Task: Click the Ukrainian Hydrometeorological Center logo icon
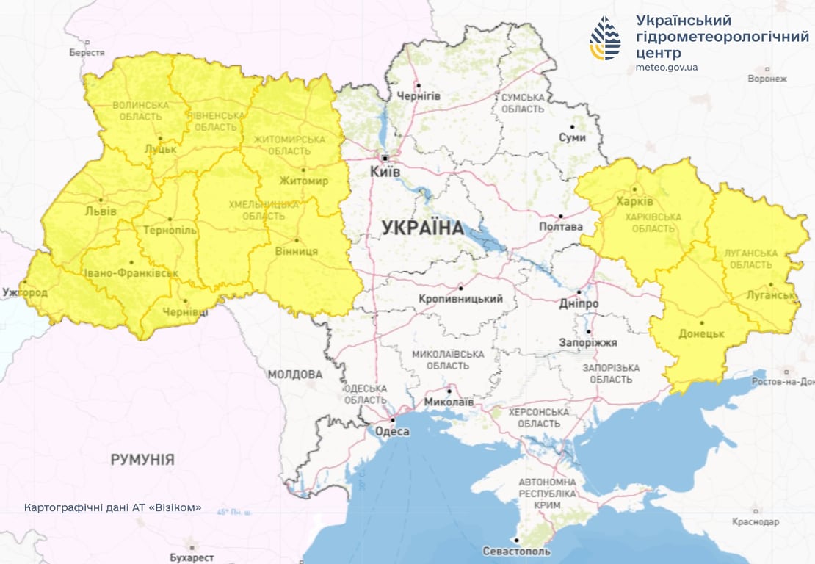pyautogui.click(x=605, y=37)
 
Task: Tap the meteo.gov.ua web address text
pyautogui.click(x=667, y=68)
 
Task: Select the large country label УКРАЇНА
pyautogui.click(x=423, y=228)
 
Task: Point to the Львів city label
pyautogui.click(x=101, y=211)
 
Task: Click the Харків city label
pyautogui.click(x=635, y=201)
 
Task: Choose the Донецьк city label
pyautogui.click(x=702, y=333)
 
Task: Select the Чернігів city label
pyautogui.click(x=419, y=96)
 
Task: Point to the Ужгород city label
pyautogui.click(x=25, y=293)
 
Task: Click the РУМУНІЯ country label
pyautogui.click(x=142, y=460)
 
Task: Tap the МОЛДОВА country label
pyautogui.click(x=294, y=375)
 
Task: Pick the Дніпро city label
pyautogui.click(x=579, y=303)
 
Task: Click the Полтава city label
pyautogui.click(x=561, y=227)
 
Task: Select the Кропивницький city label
pyautogui.click(x=460, y=299)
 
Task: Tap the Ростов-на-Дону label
pyautogui.click(x=783, y=382)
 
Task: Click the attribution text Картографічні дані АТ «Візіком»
pyautogui.click(x=112, y=508)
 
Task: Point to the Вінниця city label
pyautogui.click(x=297, y=251)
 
